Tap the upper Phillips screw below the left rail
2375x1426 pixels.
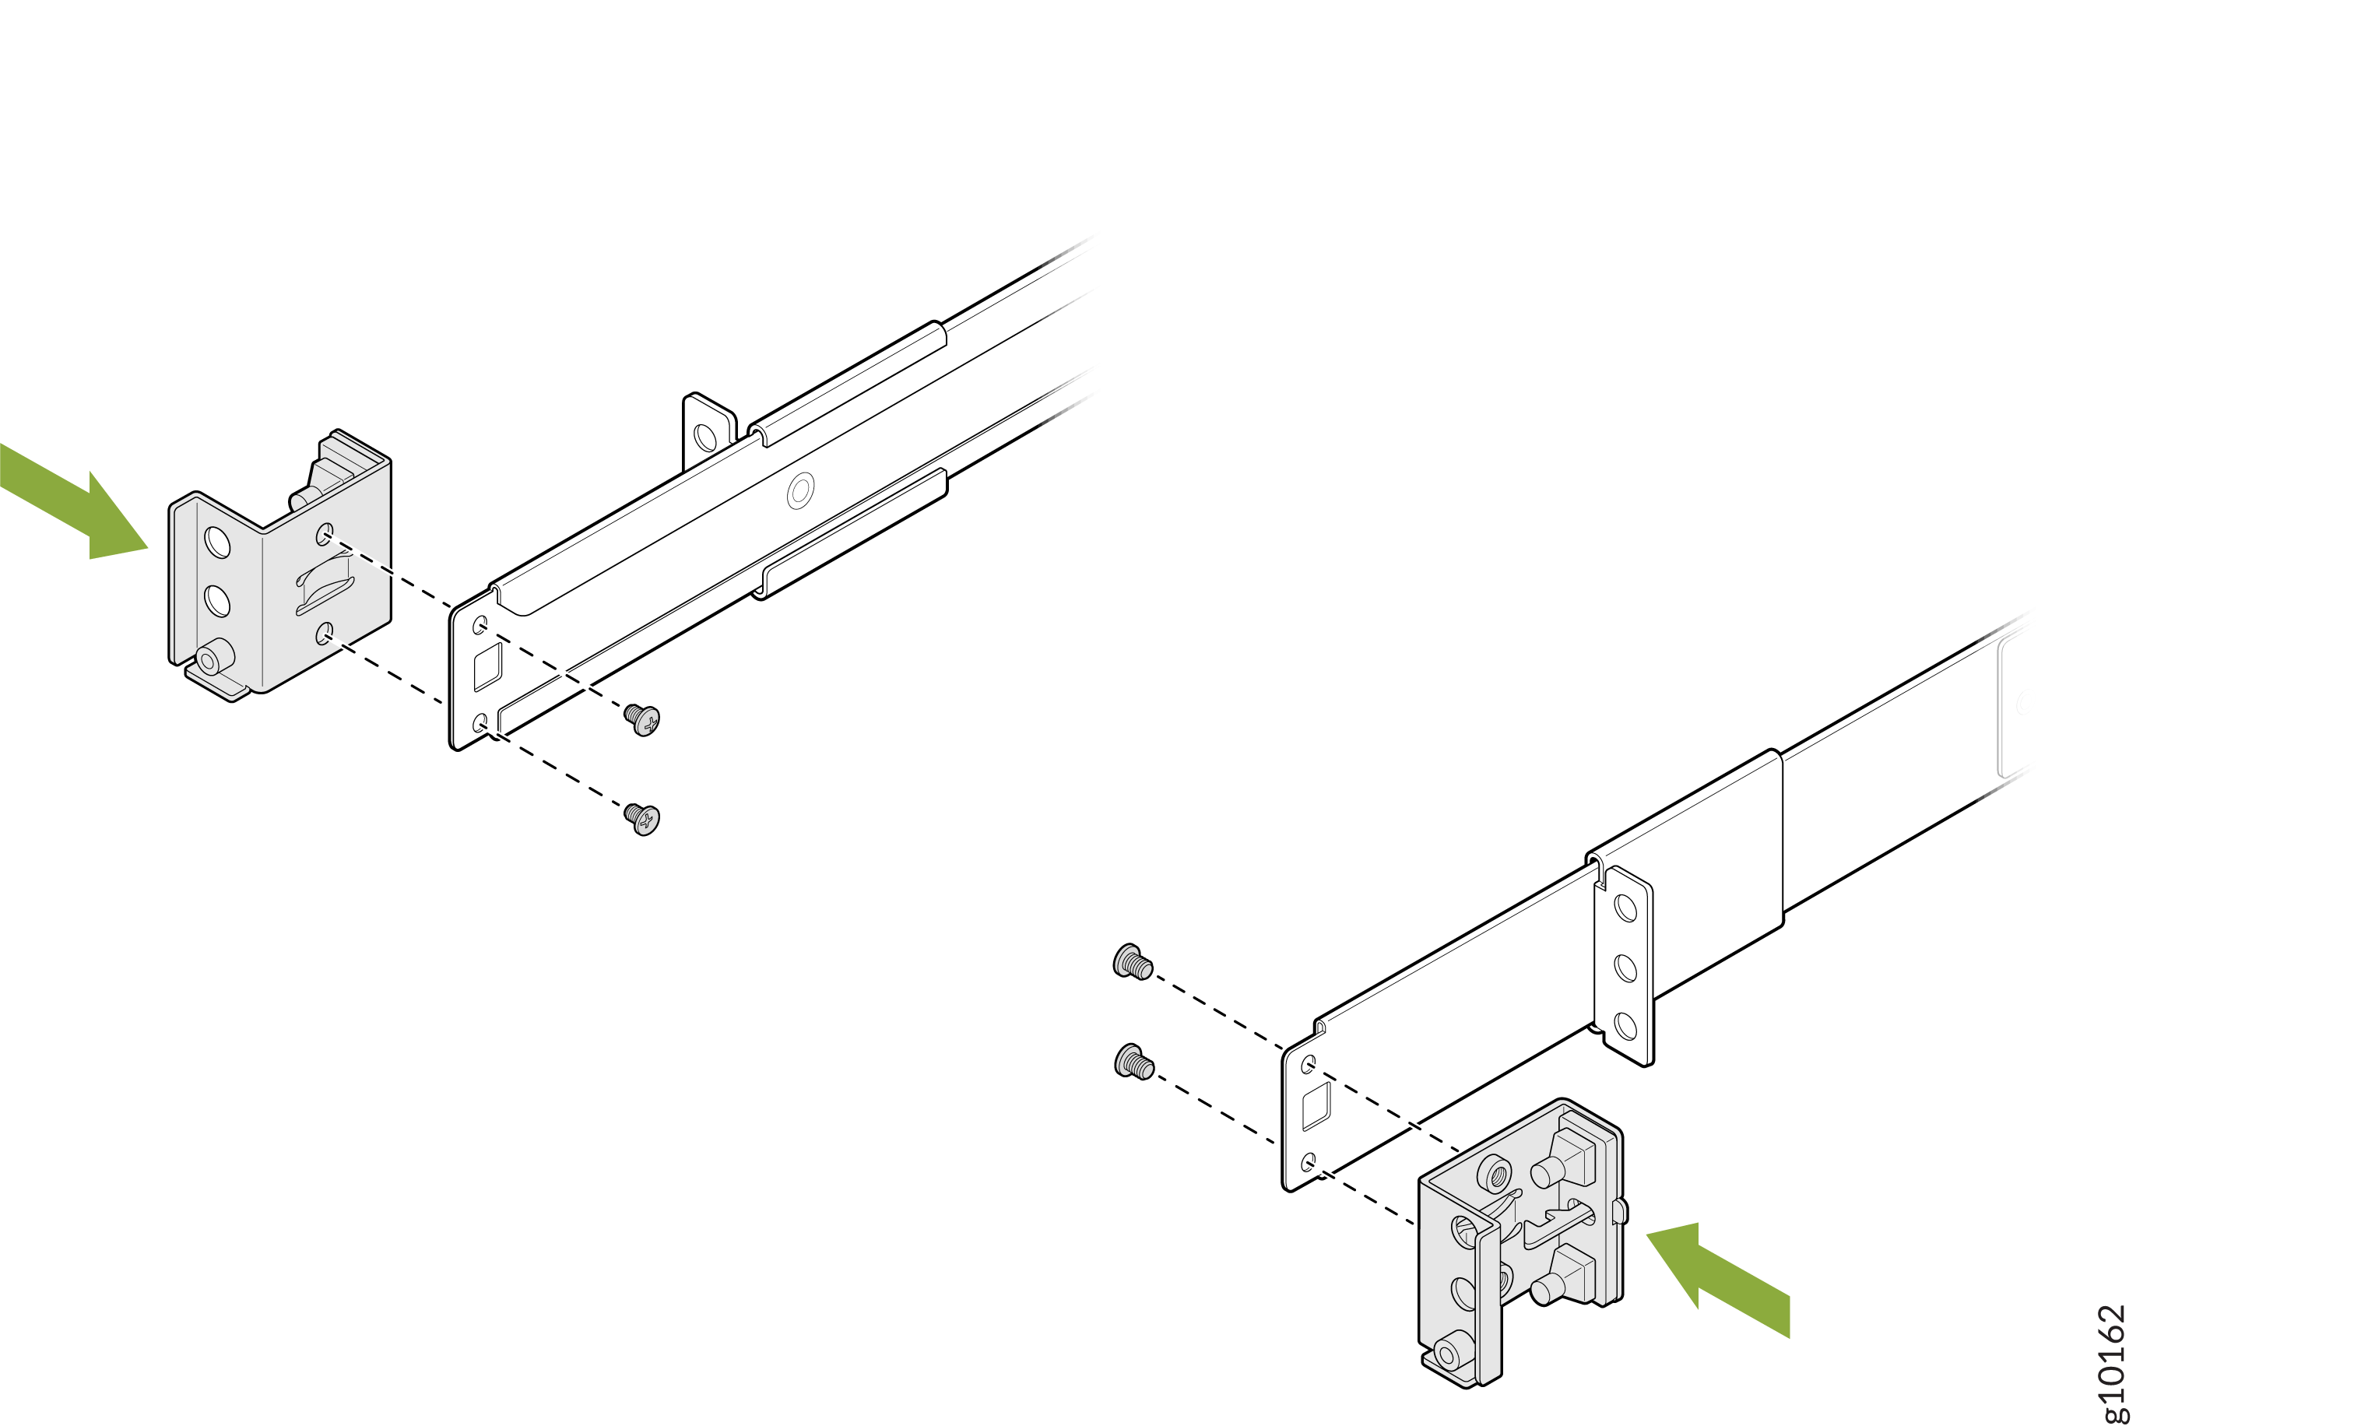tap(641, 718)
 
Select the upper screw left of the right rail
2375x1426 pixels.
tap(1132, 962)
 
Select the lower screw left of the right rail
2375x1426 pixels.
tap(1133, 1062)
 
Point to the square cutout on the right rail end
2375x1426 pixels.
tap(1316, 1106)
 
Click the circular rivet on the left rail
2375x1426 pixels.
tap(800, 492)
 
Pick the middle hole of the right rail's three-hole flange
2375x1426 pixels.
tap(1625, 967)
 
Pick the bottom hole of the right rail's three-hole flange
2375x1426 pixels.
tap(1625, 1026)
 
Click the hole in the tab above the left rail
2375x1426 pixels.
tap(705, 437)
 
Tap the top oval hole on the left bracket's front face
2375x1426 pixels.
tap(218, 543)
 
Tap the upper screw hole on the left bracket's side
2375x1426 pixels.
tap(325, 533)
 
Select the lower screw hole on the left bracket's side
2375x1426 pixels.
tap(325, 634)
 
